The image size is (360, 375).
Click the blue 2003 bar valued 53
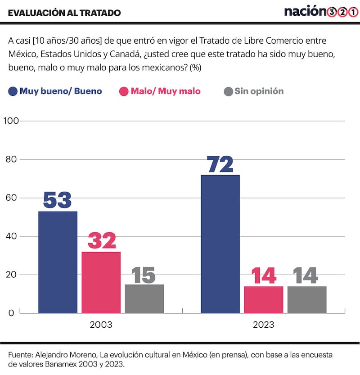[x=58, y=262]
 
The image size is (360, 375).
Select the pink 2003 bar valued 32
[x=101, y=282]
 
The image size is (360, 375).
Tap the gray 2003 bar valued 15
[x=144, y=298]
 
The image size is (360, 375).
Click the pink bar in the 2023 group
[x=264, y=299]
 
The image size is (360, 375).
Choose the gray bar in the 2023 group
[x=307, y=299]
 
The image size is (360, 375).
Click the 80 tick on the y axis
[x=12, y=159]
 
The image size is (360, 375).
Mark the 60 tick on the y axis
[x=12, y=198]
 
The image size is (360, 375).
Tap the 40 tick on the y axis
[x=12, y=236]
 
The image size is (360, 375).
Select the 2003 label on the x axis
[x=101, y=325]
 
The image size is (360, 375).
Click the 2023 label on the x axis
[x=263, y=325]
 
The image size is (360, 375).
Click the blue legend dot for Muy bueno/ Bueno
[x=13, y=91]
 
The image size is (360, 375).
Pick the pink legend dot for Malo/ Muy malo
[x=124, y=91]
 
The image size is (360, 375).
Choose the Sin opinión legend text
[x=259, y=91]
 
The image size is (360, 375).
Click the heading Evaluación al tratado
[x=64, y=13]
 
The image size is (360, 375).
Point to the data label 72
[x=220, y=165]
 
